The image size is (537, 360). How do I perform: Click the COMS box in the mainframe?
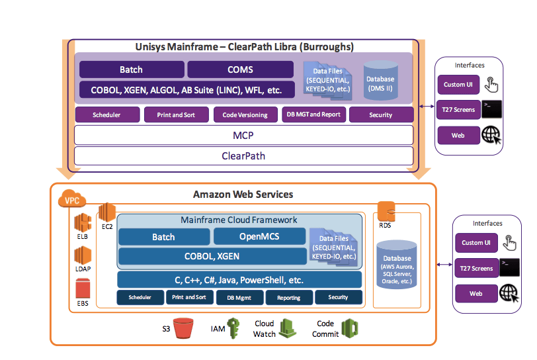(x=240, y=69)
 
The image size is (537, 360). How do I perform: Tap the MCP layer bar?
(x=243, y=135)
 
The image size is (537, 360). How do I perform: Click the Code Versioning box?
(x=245, y=114)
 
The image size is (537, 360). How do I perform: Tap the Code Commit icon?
(x=349, y=328)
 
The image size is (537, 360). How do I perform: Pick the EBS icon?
(x=83, y=289)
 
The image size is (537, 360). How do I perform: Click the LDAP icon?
(x=83, y=255)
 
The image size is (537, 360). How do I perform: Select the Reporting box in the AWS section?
(x=288, y=298)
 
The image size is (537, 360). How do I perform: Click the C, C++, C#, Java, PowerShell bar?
(x=239, y=279)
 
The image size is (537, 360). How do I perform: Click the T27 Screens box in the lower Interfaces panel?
(x=476, y=268)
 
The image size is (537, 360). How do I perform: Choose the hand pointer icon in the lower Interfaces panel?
(x=509, y=243)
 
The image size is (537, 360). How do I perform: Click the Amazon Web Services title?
(x=243, y=195)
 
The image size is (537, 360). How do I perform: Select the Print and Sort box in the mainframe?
(x=176, y=114)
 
